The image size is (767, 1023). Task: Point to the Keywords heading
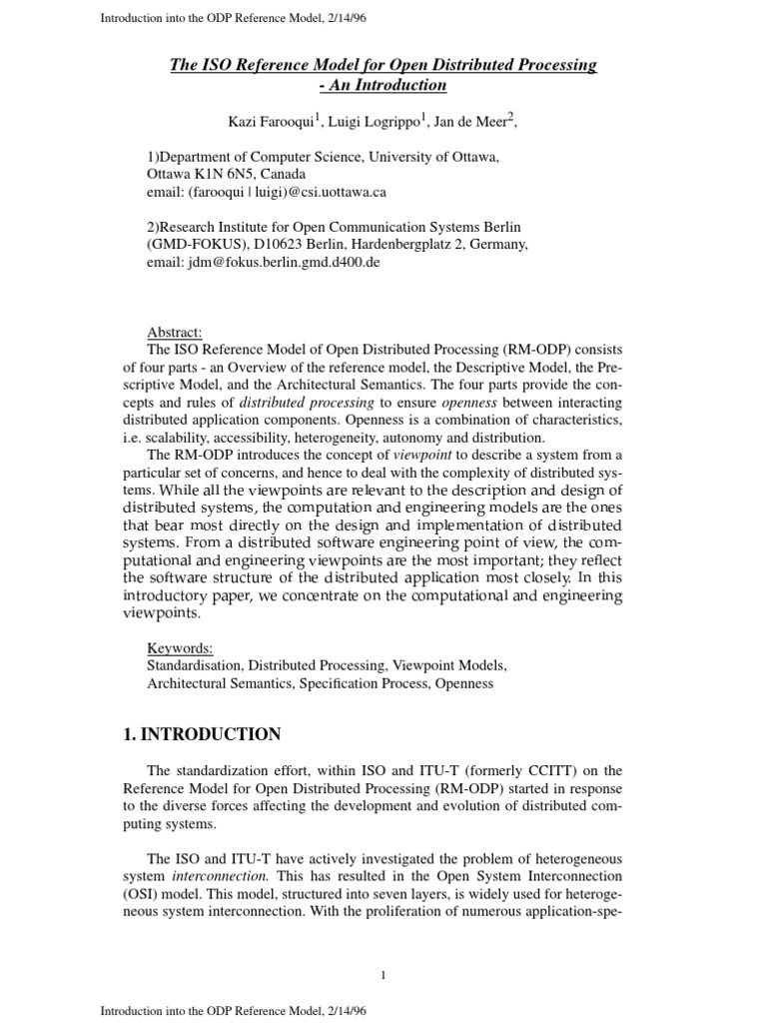[x=179, y=647]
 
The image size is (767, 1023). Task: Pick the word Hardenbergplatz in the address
[x=383, y=245]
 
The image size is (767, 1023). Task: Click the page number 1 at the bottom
[x=383, y=974]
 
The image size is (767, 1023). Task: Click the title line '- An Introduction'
[x=383, y=85]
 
